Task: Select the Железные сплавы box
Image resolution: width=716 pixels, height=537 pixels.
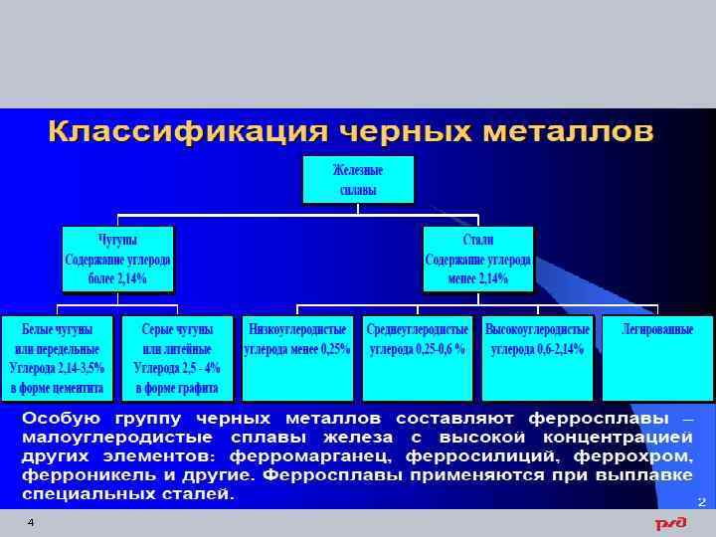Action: point(358,179)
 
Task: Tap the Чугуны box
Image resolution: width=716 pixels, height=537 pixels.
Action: point(117,260)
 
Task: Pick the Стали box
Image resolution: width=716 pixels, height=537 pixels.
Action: point(478,260)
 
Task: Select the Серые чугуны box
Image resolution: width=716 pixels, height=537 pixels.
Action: point(177,358)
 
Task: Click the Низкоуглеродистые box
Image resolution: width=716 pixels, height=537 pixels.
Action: point(297,358)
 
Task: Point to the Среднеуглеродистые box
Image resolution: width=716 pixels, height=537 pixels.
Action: point(418,358)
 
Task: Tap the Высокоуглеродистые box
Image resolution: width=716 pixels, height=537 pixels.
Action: point(537,358)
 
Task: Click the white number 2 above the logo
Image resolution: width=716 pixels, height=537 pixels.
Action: point(701,502)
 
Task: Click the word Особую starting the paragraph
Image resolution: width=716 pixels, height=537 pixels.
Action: point(59,418)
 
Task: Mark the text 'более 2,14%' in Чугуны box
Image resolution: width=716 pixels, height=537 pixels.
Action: point(117,278)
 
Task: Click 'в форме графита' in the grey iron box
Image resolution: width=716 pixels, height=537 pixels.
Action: point(177,388)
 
